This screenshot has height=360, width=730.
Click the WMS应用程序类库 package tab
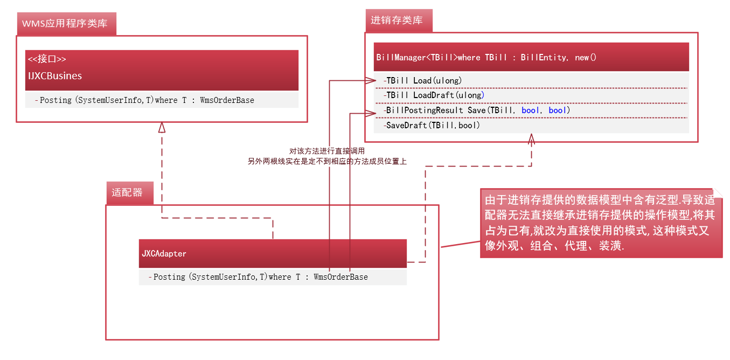pyautogui.click(x=65, y=24)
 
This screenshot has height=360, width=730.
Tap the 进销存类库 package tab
pyautogui.click(x=397, y=20)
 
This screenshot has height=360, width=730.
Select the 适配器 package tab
pyautogui.click(x=128, y=192)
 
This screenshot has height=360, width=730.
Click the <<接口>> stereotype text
pyautogui.click(x=47, y=59)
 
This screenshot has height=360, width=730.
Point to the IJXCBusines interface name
pyautogui.click(x=55, y=76)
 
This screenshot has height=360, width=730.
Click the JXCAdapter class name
pyautogui.click(x=164, y=253)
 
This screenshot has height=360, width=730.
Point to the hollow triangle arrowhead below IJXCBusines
pyautogui.click(x=161, y=128)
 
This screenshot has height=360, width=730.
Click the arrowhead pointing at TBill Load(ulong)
pyautogui.click(x=371, y=81)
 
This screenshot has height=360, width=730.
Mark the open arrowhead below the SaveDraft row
pyautogui.click(x=531, y=139)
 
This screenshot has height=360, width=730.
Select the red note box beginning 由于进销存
pyautogui.click(x=601, y=223)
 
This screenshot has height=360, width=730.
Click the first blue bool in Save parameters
pyautogui.click(x=531, y=110)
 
